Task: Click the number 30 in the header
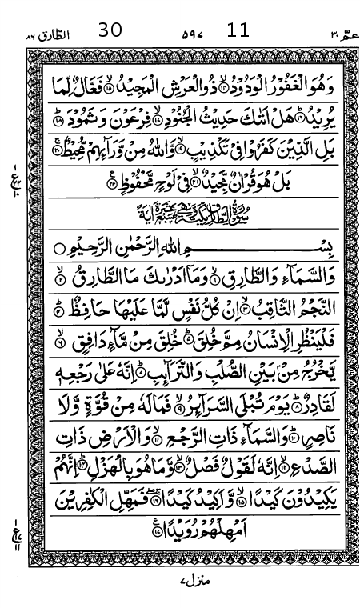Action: point(110,30)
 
